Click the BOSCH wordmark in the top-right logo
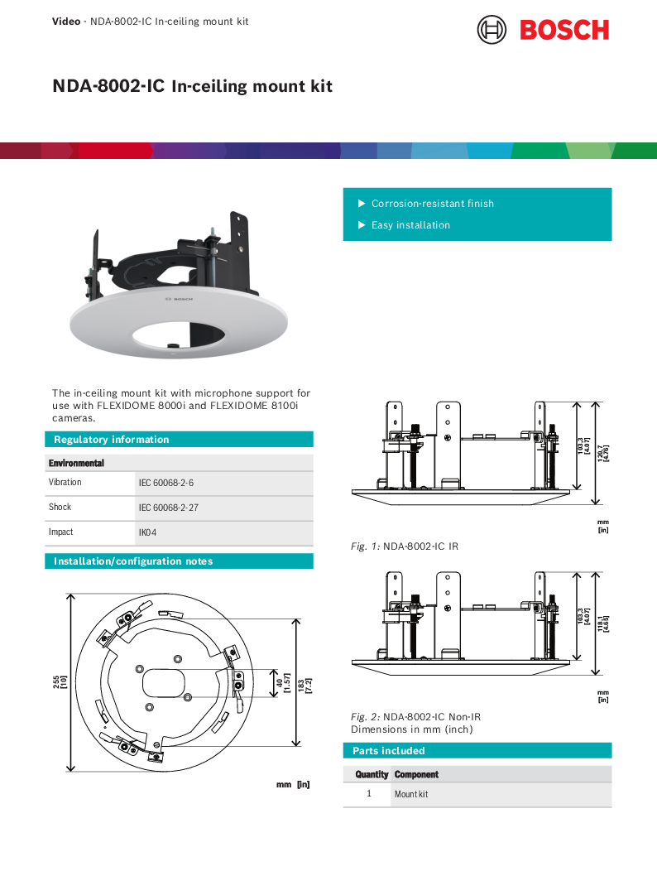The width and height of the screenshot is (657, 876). pyautogui.click(x=564, y=30)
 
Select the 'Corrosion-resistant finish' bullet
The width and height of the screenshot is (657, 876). pyautogui.click(x=432, y=204)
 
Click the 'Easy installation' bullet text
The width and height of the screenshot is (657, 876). pyautogui.click(x=410, y=225)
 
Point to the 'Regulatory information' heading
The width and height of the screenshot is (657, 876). pyautogui.click(x=111, y=440)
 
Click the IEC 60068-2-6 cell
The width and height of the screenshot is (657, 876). pyautogui.click(x=166, y=482)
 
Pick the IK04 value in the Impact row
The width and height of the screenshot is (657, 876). pyautogui.click(x=147, y=532)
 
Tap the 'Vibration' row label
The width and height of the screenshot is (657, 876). pyautogui.click(x=65, y=482)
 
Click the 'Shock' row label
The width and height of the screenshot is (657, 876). pyautogui.click(x=60, y=507)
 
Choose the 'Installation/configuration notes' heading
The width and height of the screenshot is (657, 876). pyautogui.click(x=133, y=561)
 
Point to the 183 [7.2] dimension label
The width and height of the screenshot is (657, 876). pyautogui.click(x=305, y=682)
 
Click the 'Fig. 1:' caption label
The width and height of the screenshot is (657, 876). pyautogui.click(x=365, y=546)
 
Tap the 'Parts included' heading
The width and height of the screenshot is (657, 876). pyautogui.click(x=388, y=751)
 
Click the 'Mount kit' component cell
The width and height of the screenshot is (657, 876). pyautogui.click(x=411, y=795)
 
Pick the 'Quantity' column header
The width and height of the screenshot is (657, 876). pyautogui.click(x=372, y=775)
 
